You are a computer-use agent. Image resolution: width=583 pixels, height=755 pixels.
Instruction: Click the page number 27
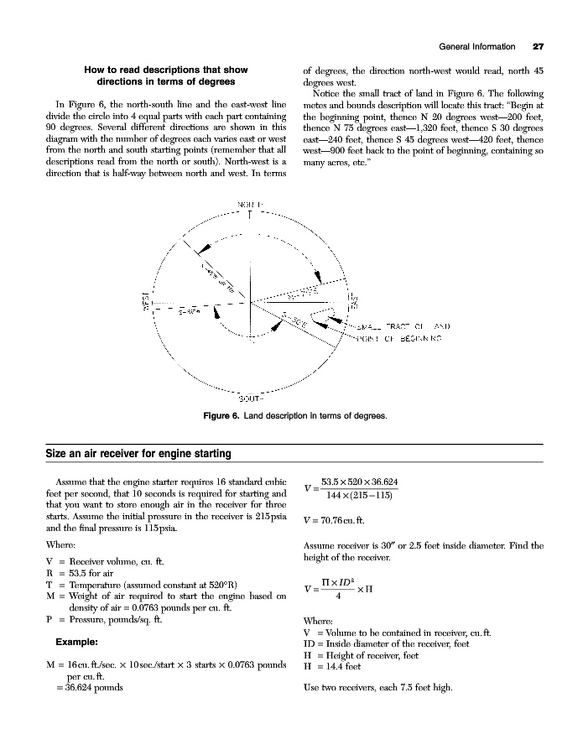[538, 45]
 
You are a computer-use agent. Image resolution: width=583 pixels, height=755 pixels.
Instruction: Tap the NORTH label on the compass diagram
[249, 204]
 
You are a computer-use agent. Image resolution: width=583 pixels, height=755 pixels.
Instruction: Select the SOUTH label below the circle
[251, 397]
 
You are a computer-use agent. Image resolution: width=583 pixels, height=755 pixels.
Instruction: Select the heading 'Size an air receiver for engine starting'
[138, 454]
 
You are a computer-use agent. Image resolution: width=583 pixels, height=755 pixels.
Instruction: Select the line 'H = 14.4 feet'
[332, 667]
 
